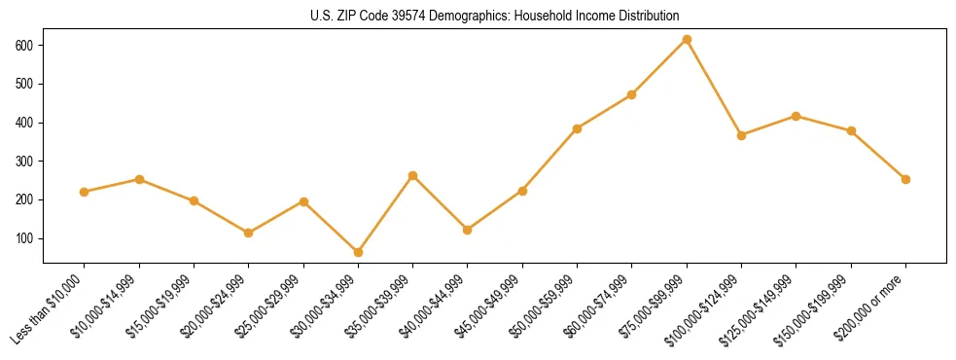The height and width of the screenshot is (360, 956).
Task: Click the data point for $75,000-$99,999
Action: (x=687, y=40)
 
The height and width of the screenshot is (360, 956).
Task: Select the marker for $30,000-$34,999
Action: (x=358, y=252)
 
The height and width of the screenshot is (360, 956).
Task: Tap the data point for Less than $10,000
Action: (x=85, y=192)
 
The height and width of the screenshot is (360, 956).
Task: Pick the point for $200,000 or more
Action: (x=905, y=179)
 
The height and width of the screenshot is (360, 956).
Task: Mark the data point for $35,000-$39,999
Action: (x=412, y=176)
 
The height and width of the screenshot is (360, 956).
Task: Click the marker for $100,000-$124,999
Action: (x=741, y=135)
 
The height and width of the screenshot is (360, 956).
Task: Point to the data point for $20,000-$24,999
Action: (x=249, y=233)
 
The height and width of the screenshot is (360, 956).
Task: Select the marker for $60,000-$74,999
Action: (x=632, y=94)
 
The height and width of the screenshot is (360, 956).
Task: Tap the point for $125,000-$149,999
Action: (x=796, y=116)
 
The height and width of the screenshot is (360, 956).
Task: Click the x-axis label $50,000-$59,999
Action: (x=548, y=305)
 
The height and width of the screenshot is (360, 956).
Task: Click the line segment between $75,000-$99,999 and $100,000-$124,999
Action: (x=714, y=88)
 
